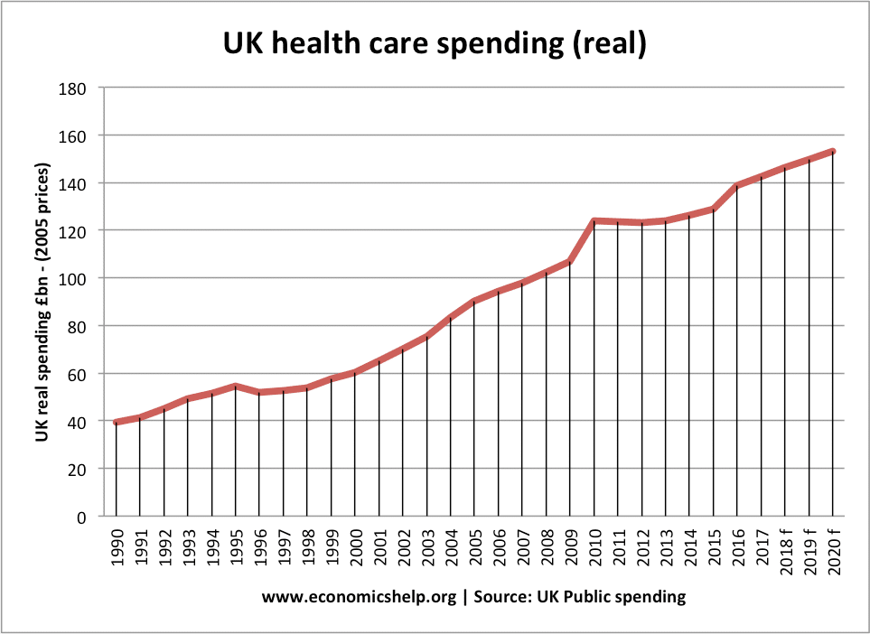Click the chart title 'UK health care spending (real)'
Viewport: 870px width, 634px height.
click(x=435, y=44)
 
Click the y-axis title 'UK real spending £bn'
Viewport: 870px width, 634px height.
click(x=42, y=303)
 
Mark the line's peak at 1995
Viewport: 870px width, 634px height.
click(x=236, y=386)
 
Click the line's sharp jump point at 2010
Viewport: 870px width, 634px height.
click(x=594, y=220)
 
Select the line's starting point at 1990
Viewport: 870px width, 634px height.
click(x=117, y=422)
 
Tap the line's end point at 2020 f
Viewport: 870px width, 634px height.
click(x=832, y=151)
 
